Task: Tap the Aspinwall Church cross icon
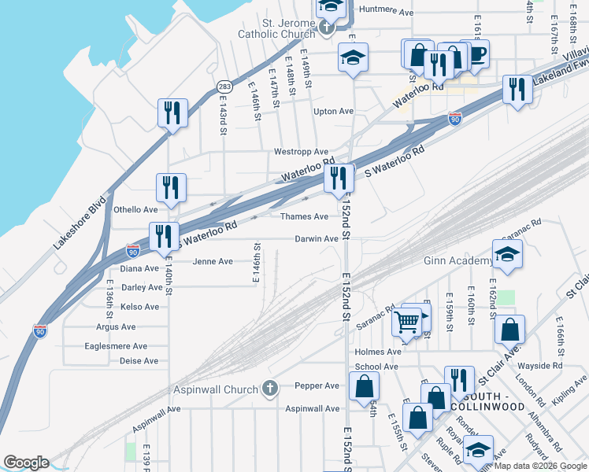pyautogui.click(x=270, y=388)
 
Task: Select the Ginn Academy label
pyautogui.click(x=457, y=260)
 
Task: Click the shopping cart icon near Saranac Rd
pyautogui.click(x=406, y=321)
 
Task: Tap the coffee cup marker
pyautogui.click(x=475, y=54)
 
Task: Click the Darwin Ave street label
pyautogui.click(x=317, y=238)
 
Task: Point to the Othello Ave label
pyautogui.click(x=136, y=209)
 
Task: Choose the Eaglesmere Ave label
pyautogui.click(x=116, y=346)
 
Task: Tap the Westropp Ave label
pyautogui.click(x=300, y=151)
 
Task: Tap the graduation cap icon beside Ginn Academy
pyautogui.click(x=508, y=253)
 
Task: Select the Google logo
pyautogui.click(x=25, y=463)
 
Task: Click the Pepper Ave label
pyautogui.click(x=317, y=385)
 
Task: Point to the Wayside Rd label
pyautogui.click(x=545, y=365)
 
